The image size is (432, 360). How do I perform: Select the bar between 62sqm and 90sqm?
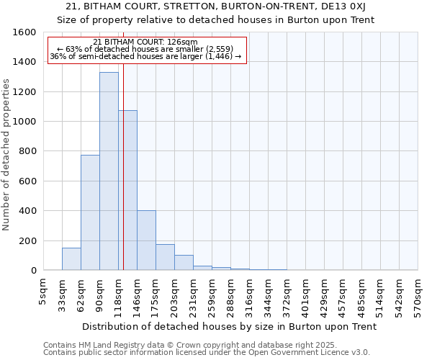coord(90,212)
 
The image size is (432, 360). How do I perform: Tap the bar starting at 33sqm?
coord(71,259)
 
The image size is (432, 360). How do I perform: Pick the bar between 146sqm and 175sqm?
coord(146,240)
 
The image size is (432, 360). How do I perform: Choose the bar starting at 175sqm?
coord(165,257)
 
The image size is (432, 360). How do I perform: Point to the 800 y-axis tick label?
coord(27,151)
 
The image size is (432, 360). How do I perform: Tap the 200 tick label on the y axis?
coord(27,240)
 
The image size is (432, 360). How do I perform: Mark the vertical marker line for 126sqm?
coord(124,180)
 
